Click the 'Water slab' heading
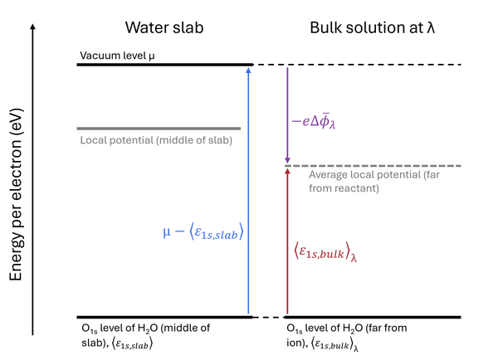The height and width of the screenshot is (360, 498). tap(164, 27)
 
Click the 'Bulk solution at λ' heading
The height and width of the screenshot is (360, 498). tap(372, 27)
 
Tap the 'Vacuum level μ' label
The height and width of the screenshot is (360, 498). tap(117, 56)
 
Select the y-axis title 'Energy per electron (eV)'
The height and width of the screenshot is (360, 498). tap(16, 194)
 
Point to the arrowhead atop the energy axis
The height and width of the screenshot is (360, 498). tap(32, 27)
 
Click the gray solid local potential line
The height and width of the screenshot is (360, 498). tap(159, 129)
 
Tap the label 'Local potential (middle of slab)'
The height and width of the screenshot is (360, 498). tap(156, 140)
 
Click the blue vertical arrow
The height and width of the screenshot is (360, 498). tap(248, 191)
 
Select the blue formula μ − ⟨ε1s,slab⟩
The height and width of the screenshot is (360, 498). tap(203, 231)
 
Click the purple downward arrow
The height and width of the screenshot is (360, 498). tap(287, 115)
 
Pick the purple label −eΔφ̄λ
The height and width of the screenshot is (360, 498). tap(314, 122)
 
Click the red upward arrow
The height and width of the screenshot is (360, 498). tap(287, 241)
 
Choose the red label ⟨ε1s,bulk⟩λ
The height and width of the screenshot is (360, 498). tap(325, 252)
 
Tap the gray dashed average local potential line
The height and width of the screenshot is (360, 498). tap(373, 166)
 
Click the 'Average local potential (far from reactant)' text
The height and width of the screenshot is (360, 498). tap(374, 182)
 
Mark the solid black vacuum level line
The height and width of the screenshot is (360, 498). tap(165, 65)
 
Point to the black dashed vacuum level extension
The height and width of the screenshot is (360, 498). tap(357, 65)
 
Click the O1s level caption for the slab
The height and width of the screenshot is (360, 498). tap(146, 336)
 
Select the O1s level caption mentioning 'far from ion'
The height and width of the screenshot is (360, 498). tap(346, 337)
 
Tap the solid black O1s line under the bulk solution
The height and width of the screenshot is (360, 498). tap(373, 317)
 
